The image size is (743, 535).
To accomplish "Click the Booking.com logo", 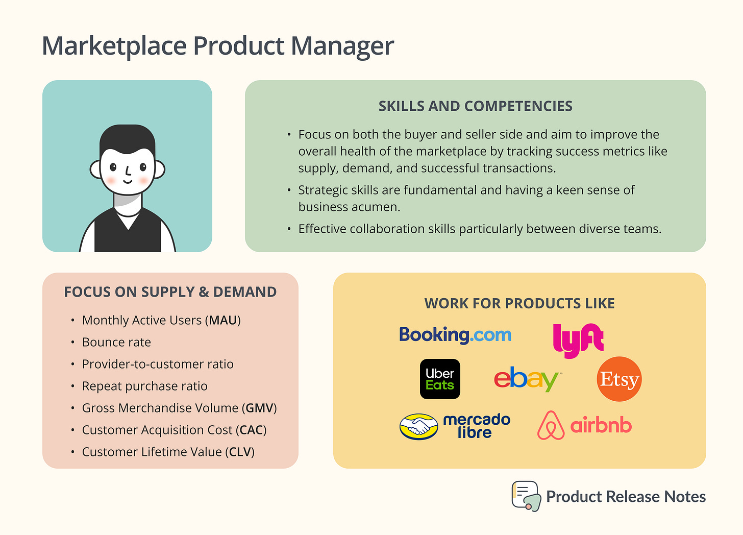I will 455,335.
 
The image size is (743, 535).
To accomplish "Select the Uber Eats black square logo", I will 440,379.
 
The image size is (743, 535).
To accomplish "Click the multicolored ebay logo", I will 527,379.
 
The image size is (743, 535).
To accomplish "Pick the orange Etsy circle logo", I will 619,379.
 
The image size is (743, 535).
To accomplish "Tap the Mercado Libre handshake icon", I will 418,426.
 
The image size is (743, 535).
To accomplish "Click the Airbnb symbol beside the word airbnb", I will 551,425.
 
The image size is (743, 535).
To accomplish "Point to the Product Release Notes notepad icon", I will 526,496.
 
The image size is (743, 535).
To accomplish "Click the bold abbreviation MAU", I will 223,320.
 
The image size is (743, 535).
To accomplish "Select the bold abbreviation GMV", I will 260,408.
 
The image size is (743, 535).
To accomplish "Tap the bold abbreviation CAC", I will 251,430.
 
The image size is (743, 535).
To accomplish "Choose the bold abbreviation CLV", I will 241,452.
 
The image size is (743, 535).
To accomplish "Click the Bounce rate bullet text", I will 116,342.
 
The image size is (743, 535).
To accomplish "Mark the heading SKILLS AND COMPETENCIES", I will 475,106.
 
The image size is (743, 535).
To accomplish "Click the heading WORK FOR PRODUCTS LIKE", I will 519,303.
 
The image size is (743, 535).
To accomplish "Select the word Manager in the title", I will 342,46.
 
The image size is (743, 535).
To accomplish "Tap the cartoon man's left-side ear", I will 96,169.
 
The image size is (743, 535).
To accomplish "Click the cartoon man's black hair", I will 127,138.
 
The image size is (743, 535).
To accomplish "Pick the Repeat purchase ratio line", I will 144,386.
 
